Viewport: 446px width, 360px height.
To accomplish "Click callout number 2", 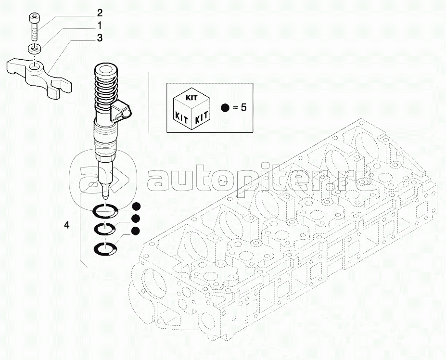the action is click(99, 13).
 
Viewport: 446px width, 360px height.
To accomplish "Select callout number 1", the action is click(99, 26).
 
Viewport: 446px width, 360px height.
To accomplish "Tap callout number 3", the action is click(99, 38).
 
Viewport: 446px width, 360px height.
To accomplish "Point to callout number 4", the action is click(66, 225).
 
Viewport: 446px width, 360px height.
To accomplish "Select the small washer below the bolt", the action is click(34, 49).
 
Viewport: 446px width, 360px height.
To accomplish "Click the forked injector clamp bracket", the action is click(39, 77).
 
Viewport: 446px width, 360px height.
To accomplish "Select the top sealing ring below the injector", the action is click(105, 211).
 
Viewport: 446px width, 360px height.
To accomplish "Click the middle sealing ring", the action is click(105, 228).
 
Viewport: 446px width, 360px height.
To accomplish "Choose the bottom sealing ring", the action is click(105, 248).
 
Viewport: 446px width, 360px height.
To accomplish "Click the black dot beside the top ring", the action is click(136, 206).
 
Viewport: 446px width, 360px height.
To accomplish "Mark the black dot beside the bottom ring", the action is click(135, 231).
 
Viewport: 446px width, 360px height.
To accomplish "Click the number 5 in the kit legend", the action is click(243, 108).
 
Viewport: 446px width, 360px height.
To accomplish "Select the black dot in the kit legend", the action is click(225, 108).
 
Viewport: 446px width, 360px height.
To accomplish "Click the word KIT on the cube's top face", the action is click(191, 98).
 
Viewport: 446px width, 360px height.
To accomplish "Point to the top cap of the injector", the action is click(105, 69).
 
